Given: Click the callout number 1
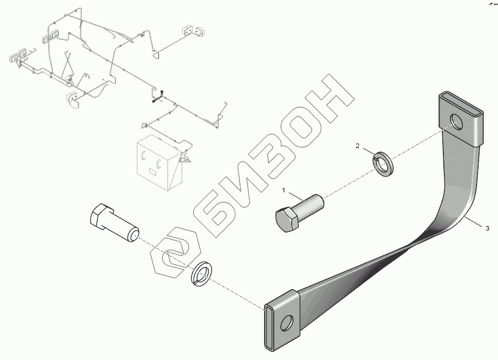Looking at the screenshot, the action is point(286,191).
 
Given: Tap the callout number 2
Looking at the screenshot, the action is point(358,147).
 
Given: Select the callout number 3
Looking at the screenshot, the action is point(488,228).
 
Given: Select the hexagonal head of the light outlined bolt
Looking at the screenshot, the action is point(101,217).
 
